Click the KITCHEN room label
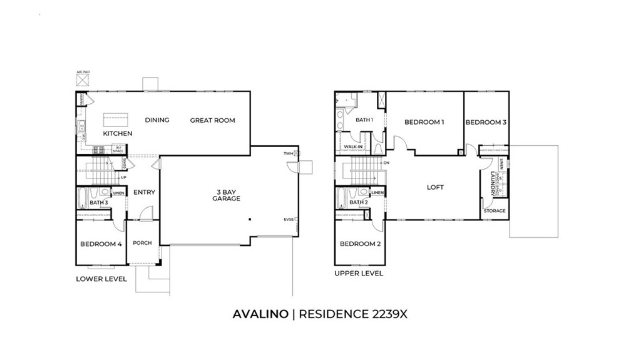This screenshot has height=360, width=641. click(118, 134)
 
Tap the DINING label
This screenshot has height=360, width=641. click(157, 120)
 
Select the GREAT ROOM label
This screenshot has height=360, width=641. click(213, 120)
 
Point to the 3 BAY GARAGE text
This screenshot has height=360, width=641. click(226, 195)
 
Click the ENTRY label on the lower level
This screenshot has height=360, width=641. click(144, 192)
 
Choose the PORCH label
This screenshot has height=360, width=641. click(142, 243)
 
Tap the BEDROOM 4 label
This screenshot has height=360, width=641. click(101, 244)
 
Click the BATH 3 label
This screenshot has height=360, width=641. click(98, 202)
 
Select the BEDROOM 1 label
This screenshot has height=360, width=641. click(424, 122)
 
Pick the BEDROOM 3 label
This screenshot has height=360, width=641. click(486, 122)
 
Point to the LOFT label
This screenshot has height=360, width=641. click(435, 187)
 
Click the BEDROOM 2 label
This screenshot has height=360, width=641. click(360, 244)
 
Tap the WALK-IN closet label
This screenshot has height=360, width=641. click(354, 147)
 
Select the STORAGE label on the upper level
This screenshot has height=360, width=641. click(495, 211)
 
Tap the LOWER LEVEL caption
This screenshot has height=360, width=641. click(101, 279)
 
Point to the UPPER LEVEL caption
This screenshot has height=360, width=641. click(359, 274)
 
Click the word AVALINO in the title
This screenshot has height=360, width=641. click(260, 314)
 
